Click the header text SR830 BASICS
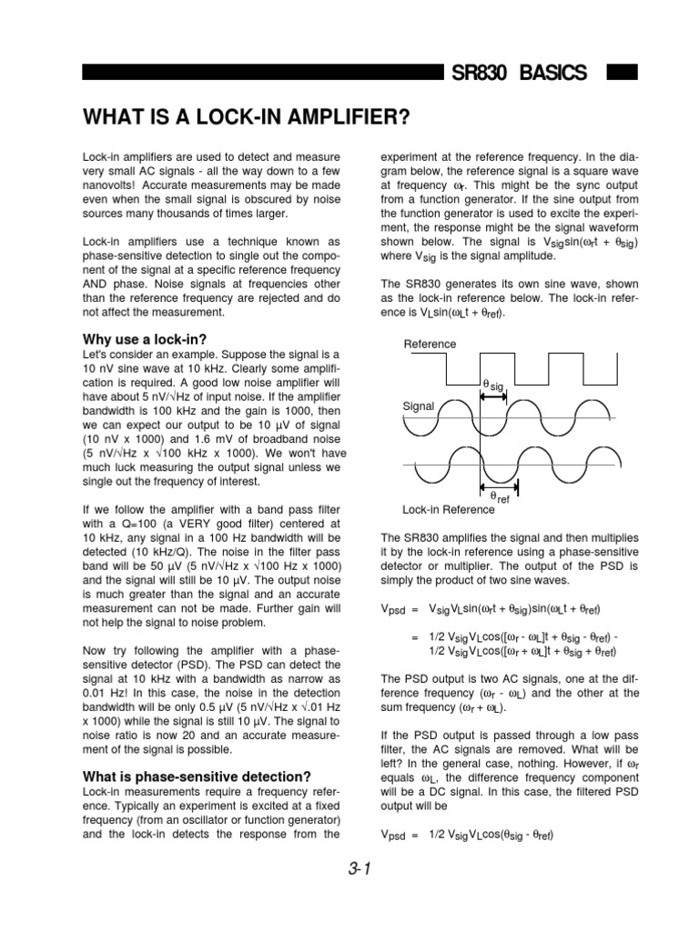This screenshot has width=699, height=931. point(519,73)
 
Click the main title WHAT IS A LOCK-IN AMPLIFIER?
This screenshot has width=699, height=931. point(246,118)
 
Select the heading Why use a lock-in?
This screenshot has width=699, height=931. point(145,339)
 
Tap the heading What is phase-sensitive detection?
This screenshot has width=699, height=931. point(197,776)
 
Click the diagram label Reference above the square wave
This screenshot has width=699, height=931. point(431,345)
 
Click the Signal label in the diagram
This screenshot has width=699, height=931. point(419,405)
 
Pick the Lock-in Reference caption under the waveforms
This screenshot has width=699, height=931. point(442,509)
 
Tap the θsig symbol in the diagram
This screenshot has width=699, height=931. point(492,386)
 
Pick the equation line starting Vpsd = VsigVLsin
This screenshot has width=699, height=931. point(494,608)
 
